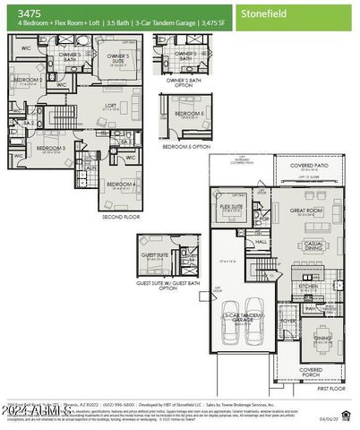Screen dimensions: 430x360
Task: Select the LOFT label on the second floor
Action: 111,104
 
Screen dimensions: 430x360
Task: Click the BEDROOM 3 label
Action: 50,148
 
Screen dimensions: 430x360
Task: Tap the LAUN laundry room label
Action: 91,167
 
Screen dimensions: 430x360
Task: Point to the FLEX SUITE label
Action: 232,207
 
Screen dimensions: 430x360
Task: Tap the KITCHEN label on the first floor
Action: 308,286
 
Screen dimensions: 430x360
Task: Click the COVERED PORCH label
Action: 311,371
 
